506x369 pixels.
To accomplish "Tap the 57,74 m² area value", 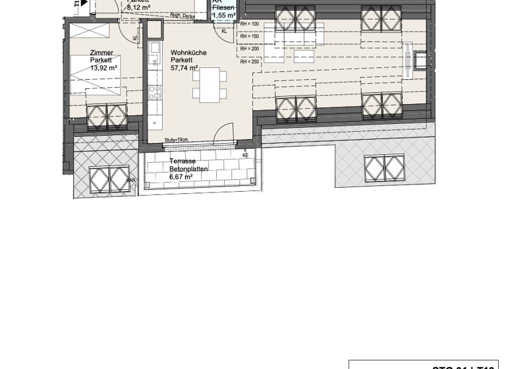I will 184,67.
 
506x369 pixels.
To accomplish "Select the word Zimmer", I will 101,53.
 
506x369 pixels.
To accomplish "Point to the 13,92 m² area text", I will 103,67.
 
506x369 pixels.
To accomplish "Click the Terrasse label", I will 182,161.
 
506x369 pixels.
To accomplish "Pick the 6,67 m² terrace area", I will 181,177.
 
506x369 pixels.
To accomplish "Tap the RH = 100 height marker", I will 249,24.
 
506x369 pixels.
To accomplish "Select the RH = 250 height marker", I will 249,62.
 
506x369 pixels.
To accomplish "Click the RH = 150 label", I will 249,37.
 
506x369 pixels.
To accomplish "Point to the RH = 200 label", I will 249,49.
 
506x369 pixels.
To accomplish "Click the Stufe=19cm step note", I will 177,140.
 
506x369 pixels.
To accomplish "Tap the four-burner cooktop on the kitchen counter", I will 154,92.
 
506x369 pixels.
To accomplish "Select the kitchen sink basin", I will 155,62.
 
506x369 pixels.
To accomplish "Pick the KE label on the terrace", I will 246,156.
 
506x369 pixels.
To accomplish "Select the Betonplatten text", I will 188,169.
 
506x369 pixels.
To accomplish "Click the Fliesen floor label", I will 223,7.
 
